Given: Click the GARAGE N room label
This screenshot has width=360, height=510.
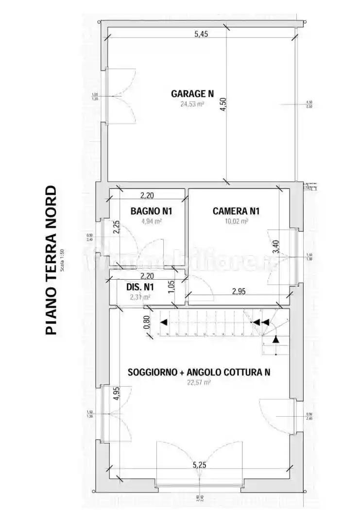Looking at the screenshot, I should (192, 94).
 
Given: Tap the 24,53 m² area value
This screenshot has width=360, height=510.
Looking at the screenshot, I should (192, 103).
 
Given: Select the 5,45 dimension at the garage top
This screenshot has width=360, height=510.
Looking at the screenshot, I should (202, 34).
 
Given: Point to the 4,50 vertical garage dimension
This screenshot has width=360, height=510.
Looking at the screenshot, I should (223, 104).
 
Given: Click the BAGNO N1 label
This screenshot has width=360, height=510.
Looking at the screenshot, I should (151, 211).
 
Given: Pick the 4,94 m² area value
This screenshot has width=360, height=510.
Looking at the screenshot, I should (151, 221).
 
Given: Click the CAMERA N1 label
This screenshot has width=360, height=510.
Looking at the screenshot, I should (236, 211).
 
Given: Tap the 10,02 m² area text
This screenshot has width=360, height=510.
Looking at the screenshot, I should (236, 221).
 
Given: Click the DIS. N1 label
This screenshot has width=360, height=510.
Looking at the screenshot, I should (140, 287).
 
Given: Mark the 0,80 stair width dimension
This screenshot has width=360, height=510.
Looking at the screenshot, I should (147, 323).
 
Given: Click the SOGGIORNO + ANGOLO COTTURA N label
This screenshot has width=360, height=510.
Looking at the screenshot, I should (199, 373).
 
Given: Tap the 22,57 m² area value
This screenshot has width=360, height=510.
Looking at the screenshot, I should (199, 383).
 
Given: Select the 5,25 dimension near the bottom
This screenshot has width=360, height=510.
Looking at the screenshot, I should (199, 465).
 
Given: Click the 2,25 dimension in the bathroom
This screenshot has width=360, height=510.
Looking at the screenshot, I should (116, 227).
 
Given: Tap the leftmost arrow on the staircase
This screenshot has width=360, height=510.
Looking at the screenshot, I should (164, 322).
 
